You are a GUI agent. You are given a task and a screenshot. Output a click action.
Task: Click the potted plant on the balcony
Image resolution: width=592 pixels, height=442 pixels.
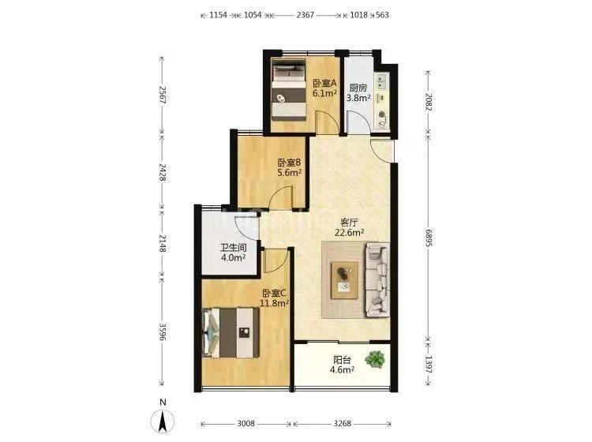pyautogui.click(x=375, y=359)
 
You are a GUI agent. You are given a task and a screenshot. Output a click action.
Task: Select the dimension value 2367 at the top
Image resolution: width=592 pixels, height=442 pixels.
pyautogui.click(x=305, y=15)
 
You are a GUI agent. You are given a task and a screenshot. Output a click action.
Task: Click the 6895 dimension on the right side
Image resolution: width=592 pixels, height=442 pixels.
pyautogui.click(x=428, y=238)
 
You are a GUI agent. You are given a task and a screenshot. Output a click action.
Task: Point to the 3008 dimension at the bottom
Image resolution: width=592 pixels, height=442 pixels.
pyautogui.click(x=245, y=424)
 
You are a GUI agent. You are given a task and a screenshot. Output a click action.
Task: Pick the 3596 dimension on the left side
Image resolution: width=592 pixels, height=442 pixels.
pyautogui.click(x=163, y=331)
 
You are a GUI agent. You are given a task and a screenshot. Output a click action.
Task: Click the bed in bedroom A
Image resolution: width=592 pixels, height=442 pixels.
pyautogui.click(x=289, y=90)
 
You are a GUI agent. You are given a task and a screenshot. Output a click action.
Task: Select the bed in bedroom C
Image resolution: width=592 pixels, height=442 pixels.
pyautogui.click(x=230, y=332)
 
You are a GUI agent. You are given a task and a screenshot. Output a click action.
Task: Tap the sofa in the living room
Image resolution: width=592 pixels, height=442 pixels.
pyautogui.click(x=377, y=279)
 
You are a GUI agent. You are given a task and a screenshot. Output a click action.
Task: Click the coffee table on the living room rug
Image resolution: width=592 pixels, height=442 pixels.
pyautogui.click(x=344, y=280)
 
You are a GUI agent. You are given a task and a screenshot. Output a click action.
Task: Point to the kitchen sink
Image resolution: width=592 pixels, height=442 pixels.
pyautogui.click(x=380, y=81)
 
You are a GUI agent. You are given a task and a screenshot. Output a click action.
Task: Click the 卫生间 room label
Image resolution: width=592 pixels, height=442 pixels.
pyautogui.click(x=234, y=248)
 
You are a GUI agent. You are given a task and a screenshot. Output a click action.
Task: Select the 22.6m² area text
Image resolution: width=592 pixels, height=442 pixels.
pyautogui.click(x=349, y=233)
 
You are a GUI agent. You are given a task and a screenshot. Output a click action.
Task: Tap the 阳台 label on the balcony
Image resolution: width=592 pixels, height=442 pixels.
pyautogui.click(x=342, y=360)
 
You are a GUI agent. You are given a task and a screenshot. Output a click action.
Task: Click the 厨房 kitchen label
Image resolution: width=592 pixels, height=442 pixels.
pyautogui.click(x=358, y=88)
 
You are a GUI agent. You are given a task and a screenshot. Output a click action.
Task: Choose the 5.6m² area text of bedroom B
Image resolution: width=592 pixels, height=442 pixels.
pyautogui.click(x=290, y=173)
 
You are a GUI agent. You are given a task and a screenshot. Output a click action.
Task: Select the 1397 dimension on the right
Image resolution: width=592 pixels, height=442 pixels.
pyautogui.click(x=428, y=365)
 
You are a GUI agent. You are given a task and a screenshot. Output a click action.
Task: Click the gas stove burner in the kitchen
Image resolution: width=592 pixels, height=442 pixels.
pyautogui.click(x=381, y=114)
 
